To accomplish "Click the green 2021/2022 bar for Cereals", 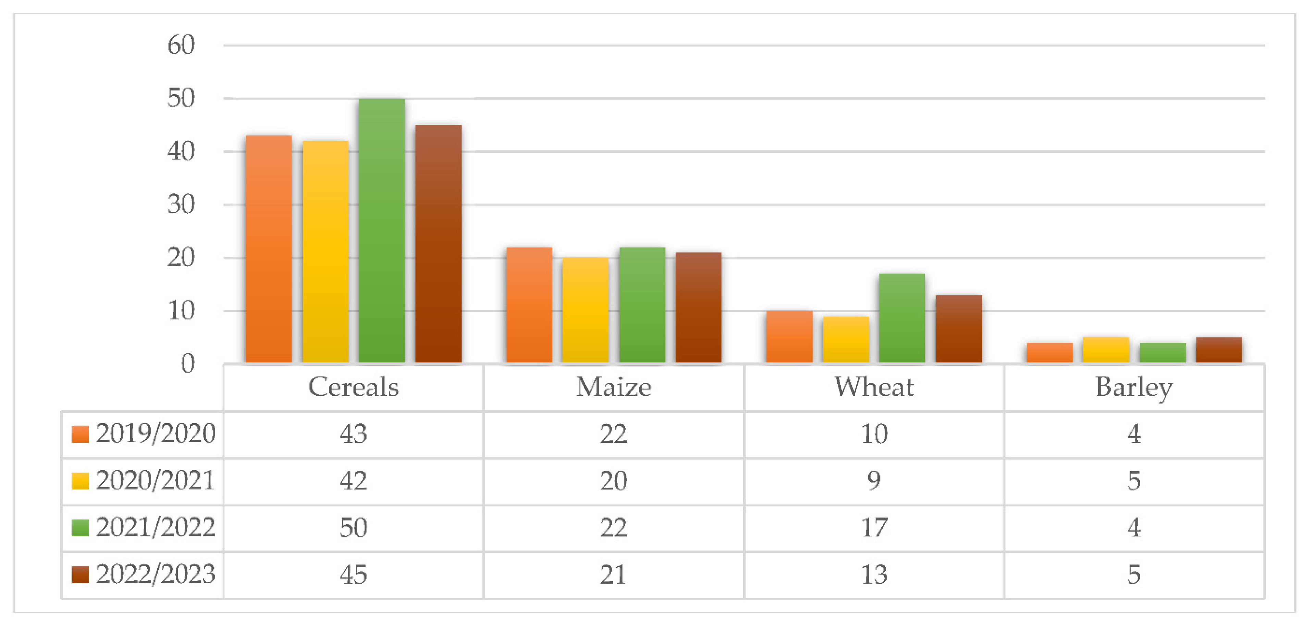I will point(381,231).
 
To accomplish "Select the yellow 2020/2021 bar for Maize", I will point(585,310).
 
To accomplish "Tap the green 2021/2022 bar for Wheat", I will point(902,318).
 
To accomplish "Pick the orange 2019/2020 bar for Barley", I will point(1049,353).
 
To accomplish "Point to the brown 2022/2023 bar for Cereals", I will point(438,244).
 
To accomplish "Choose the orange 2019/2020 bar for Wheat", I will point(789,337).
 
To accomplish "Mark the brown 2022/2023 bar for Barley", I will point(1219,350).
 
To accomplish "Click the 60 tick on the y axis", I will point(181,45).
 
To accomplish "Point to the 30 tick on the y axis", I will point(181,205).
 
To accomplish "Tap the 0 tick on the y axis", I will point(188,364).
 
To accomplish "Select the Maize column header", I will point(614,387).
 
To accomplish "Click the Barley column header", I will point(1134,387).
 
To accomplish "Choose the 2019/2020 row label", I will point(156,434).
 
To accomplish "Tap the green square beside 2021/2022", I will point(81,528).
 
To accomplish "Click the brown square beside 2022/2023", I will point(81,574).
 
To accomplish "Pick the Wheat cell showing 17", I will point(874,528).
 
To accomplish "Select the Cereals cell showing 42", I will point(353,480).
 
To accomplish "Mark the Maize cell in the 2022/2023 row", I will point(614,574).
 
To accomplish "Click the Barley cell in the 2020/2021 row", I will point(1134,480).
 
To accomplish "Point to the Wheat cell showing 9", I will point(874,480).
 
